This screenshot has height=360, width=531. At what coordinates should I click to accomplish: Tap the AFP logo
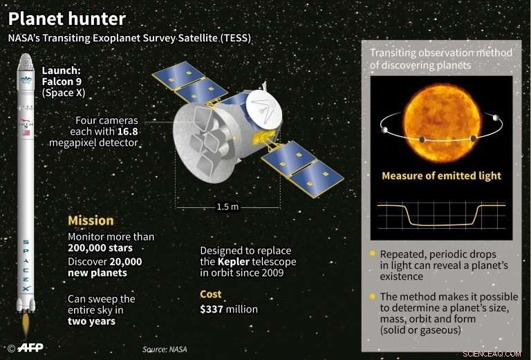pyautogui.click(x=29, y=348)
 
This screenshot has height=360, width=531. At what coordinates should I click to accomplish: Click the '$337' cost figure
pyautogui.click(x=214, y=309)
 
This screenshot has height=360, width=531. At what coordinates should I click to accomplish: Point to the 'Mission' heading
pyautogui.click(x=91, y=221)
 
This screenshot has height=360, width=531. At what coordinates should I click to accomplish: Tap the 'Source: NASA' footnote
pyautogui.click(x=165, y=350)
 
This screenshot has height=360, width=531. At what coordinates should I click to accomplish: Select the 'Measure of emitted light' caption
pyautogui.click(x=442, y=176)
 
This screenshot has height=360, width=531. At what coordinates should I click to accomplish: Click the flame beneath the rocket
pyautogui.click(x=25, y=322)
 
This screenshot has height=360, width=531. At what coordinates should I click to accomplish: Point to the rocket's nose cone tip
pyautogui.click(x=25, y=55)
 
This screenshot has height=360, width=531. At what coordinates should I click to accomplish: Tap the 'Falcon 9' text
pyautogui.click(x=62, y=82)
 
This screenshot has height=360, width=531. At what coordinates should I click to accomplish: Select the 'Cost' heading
pyautogui.click(x=211, y=294)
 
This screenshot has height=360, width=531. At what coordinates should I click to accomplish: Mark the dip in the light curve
pyautogui.click(x=441, y=222)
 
